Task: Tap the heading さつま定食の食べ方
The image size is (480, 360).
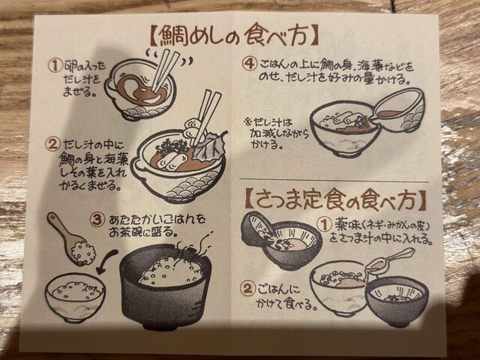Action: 336,200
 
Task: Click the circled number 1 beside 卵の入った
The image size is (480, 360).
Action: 55,65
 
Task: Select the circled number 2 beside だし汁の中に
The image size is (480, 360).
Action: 52,145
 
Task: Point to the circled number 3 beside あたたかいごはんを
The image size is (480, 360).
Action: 97,220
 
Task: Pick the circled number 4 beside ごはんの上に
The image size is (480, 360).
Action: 249,64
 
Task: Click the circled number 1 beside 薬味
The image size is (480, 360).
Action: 325,225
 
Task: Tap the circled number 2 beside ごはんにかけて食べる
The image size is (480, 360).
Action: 247,289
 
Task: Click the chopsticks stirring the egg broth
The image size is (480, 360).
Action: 165,70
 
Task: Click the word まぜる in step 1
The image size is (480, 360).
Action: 78,91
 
